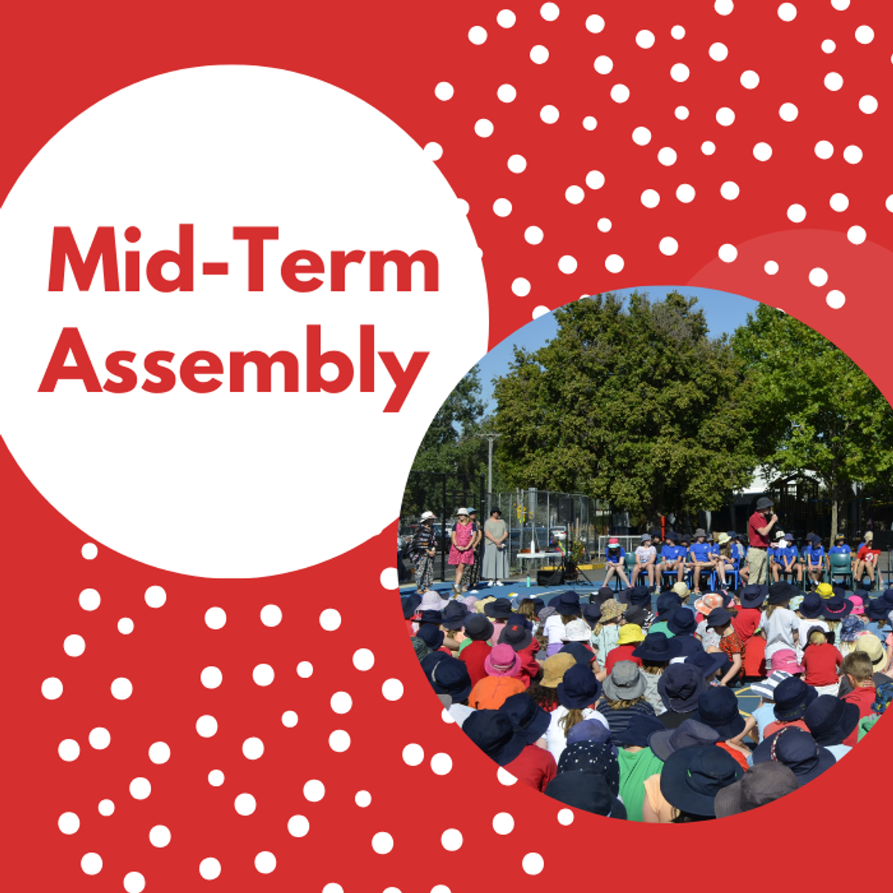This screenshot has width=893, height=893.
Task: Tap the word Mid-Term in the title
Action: tap(243, 259)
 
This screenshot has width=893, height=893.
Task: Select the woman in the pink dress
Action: tap(461, 547)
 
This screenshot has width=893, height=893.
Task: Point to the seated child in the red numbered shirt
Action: tap(868, 561)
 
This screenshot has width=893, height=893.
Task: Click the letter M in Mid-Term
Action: tap(84, 259)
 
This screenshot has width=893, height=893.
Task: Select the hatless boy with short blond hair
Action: tap(857, 668)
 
